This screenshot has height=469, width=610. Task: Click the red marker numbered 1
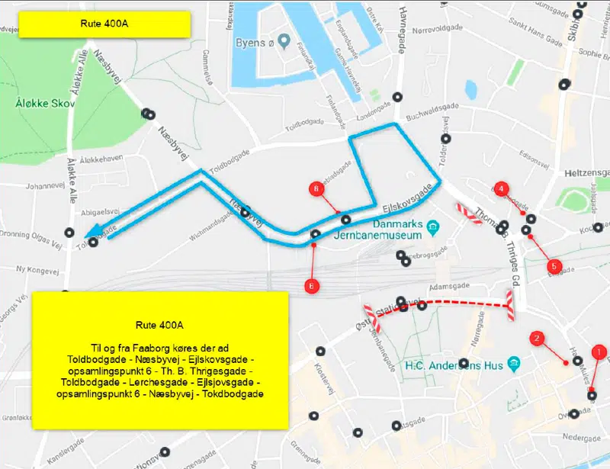click(599, 352)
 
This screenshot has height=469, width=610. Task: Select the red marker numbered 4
click(501, 188)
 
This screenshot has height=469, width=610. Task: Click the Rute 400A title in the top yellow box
click(104, 23)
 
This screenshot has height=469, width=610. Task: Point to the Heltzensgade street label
click(585, 173)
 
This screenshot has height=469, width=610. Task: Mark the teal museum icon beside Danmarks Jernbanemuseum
click(432, 226)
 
